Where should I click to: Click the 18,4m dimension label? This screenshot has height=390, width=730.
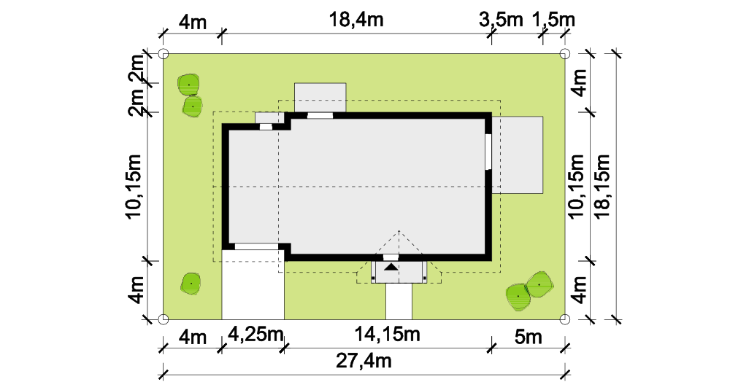356,20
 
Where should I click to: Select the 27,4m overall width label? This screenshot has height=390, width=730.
364,361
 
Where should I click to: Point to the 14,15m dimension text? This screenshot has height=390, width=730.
388,334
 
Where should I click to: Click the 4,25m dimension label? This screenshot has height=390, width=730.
255,334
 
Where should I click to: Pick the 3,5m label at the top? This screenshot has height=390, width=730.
501,20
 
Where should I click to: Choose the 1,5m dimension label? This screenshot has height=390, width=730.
553,20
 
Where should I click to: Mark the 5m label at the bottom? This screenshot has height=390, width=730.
529,336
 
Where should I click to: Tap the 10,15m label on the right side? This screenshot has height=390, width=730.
576,186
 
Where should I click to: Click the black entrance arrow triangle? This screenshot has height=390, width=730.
391,267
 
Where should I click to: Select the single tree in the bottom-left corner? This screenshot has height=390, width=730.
191,283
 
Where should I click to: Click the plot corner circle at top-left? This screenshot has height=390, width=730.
163,54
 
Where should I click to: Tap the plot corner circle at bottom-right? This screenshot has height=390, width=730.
564,319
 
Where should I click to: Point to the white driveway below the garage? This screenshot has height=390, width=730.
253,284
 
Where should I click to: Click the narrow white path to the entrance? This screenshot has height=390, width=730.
399,301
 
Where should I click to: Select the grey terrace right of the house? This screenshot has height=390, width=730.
518,155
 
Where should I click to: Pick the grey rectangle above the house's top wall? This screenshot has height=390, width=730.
320,98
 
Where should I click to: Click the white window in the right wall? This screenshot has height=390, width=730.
488,152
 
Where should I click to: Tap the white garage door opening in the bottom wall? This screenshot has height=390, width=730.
256,246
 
